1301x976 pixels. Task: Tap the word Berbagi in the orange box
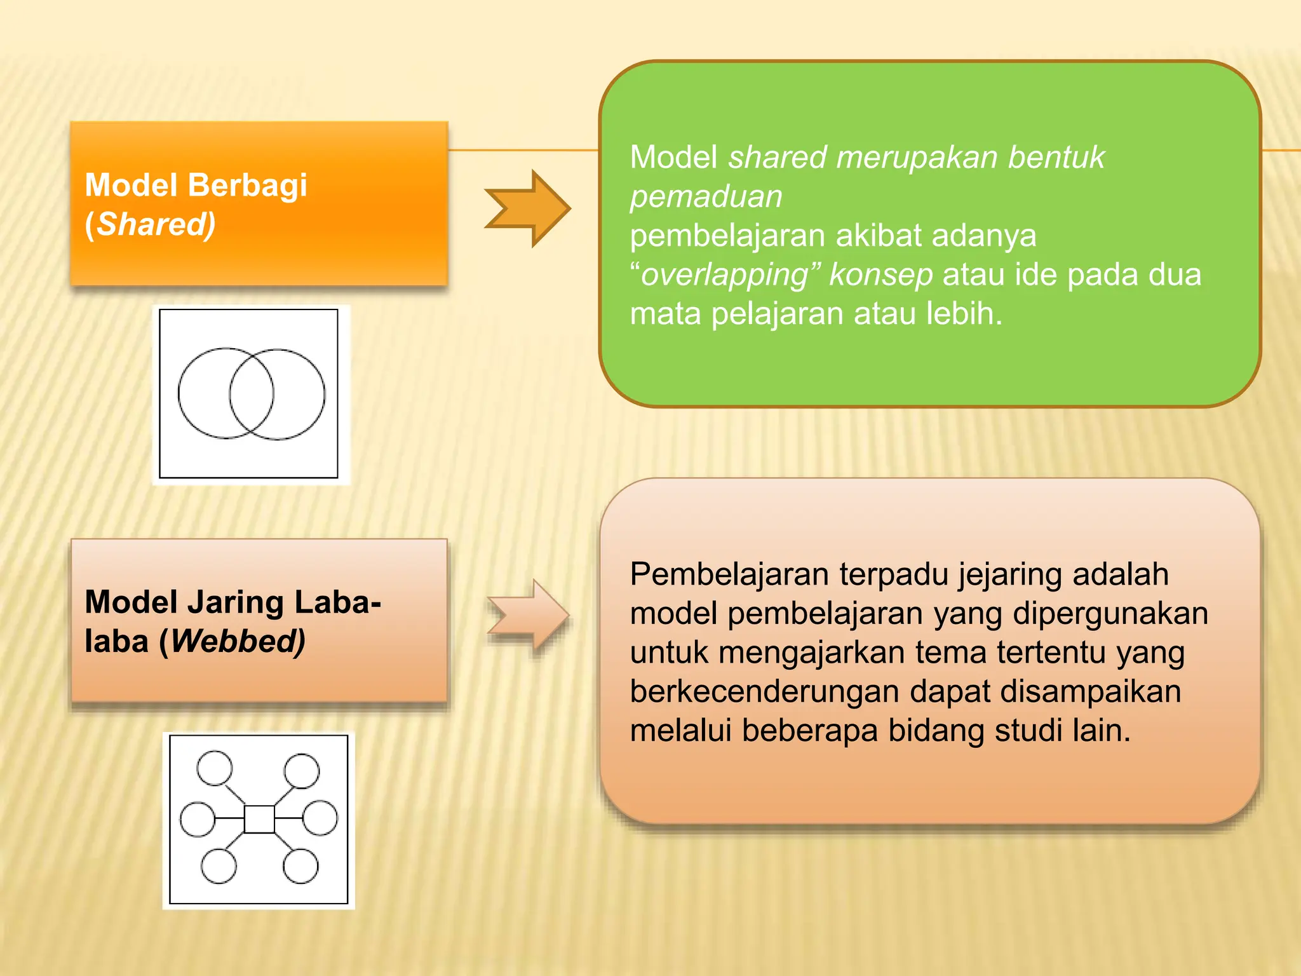(x=248, y=186)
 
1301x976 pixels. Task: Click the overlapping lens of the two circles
(x=252, y=394)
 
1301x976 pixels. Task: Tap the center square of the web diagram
(x=259, y=819)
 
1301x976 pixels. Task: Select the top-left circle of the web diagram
(x=215, y=768)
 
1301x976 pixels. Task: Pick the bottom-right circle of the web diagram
(x=300, y=865)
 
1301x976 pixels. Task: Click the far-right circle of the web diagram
(x=320, y=818)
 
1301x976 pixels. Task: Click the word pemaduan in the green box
(x=706, y=197)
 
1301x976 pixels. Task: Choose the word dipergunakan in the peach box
(x=1110, y=614)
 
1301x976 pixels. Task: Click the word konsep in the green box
(x=880, y=275)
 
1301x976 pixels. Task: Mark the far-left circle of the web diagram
(x=198, y=819)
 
